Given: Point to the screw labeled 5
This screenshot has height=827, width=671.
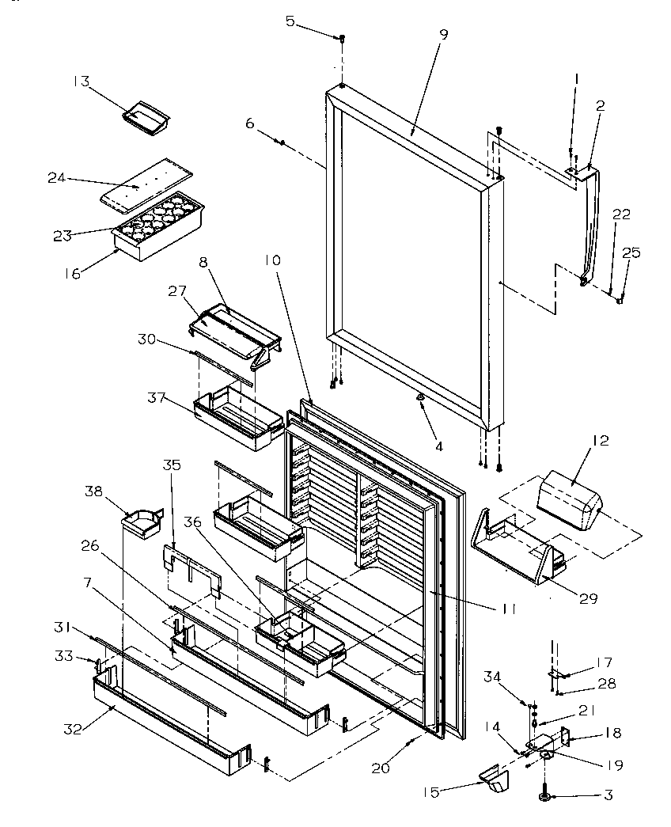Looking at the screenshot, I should point(342,36).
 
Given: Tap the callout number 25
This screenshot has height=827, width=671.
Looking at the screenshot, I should point(631,253).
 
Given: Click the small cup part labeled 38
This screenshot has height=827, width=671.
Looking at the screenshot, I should point(140,522).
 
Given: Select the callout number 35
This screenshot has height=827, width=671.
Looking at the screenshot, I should point(172,465).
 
